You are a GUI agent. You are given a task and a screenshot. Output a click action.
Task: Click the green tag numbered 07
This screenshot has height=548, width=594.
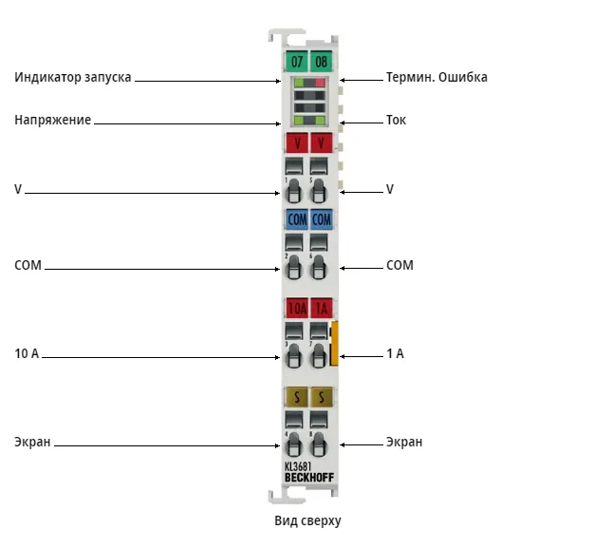[x=297, y=61]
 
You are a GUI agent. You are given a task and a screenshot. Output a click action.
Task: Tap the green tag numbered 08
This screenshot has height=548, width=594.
[x=322, y=61]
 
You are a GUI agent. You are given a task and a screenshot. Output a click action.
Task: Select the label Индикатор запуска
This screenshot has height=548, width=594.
[x=73, y=77]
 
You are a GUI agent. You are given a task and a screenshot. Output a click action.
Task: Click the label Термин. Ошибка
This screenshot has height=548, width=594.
[x=436, y=77]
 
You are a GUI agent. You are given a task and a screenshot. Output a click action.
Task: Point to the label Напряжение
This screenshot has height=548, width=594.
[x=52, y=120]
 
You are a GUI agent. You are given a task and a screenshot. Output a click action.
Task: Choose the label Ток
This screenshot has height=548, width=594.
[x=396, y=120]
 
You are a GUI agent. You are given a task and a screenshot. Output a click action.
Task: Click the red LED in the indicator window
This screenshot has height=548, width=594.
[x=320, y=83]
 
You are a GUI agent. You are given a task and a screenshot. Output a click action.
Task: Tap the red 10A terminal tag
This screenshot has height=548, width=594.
[x=297, y=308]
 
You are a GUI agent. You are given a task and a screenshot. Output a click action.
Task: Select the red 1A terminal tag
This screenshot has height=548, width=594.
[x=322, y=308]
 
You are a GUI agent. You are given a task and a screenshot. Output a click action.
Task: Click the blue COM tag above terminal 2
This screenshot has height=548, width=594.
[x=297, y=219]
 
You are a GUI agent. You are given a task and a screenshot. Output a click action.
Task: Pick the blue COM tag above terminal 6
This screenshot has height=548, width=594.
[x=322, y=219]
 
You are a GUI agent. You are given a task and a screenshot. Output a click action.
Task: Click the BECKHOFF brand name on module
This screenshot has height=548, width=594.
[x=309, y=478]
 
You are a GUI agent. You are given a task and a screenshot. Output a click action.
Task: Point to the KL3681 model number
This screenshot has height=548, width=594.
[x=298, y=467]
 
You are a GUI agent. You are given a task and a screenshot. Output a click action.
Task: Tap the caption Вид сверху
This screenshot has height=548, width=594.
[x=307, y=520]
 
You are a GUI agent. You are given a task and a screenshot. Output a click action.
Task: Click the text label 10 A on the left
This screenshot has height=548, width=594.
[x=27, y=353]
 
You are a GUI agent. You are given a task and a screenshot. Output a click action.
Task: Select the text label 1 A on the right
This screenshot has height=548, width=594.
[x=395, y=353]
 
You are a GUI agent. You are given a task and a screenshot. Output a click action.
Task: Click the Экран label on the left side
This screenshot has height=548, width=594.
[x=32, y=442]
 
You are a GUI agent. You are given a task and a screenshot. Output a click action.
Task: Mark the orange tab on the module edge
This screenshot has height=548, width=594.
[x=334, y=344]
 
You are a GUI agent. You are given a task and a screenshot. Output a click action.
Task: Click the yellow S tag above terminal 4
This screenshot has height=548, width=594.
[x=297, y=397]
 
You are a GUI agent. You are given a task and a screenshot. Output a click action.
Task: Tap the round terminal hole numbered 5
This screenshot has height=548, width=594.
[x=319, y=192]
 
